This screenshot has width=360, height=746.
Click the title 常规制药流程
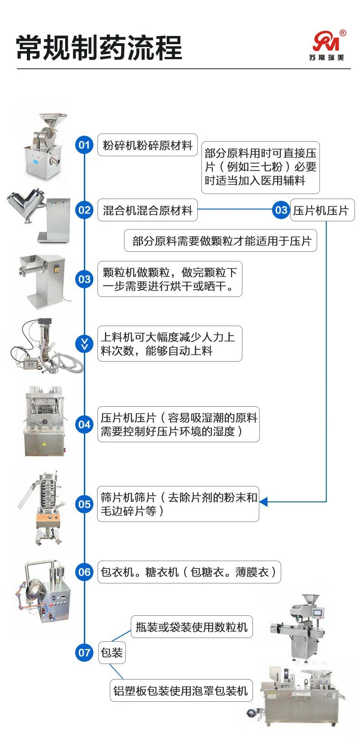pyautogui.click(x=99, y=47)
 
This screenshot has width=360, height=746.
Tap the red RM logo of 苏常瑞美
pyautogui.click(x=326, y=41)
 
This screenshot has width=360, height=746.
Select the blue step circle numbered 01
pyautogui.click(x=84, y=145)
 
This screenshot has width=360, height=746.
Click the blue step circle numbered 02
pyautogui.click(x=84, y=210)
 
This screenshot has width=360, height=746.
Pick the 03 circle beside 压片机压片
pyautogui.click(x=281, y=210)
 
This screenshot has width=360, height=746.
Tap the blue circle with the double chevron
pyautogui.click(x=84, y=344)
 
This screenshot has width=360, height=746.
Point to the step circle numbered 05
pyautogui.click(x=84, y=504)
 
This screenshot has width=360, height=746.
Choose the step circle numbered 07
pyautogui.click(x=84, y=653)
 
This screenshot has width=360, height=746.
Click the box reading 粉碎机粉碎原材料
pyautogui.click(x=148, y=145)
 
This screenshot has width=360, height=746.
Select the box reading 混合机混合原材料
pyautogui.click(x=148, y=210)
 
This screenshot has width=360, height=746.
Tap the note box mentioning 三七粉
pyautogui.click(x=260, y=167)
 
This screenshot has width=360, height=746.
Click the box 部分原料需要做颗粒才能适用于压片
pyautogui.click(x=221, y=241)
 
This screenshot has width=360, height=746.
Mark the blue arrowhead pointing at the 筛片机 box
pyautogui.click(x=263, y=502)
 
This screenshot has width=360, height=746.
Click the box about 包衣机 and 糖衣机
pyautogui.click(x=189, y=572)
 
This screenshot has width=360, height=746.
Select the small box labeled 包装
pyautogui.click(x=112, y=653)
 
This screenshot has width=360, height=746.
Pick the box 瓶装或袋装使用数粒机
pyautogui.click(x=191, y=627)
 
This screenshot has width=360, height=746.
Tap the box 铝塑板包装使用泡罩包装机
pyautogui.click(x=180, y=690)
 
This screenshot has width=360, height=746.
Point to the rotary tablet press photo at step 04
pyautogui.click(x=44, y=421)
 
